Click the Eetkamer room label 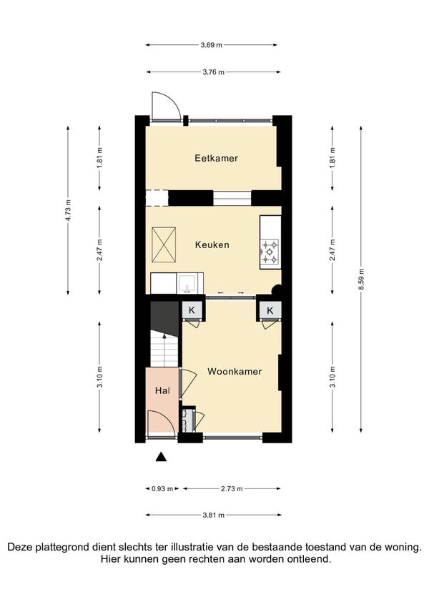[216, 158]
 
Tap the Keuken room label [212, 245]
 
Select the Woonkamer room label [235, 371]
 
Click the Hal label [162, 390]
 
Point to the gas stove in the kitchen [270, 251]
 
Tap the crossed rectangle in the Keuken [164, 245]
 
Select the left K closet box [192, 310]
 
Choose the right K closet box [270, 310]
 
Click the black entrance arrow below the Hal [161, 457]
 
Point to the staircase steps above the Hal [164, 349]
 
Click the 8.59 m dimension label [361, 279]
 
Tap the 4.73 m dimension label [68, 210]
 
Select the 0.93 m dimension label [162, 488]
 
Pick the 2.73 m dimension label [232, 488]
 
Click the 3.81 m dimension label [213, 515]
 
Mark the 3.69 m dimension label [212, 45]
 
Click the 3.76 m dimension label [213, 72]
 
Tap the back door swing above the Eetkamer [166, 106]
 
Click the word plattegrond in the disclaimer [63, 547]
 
